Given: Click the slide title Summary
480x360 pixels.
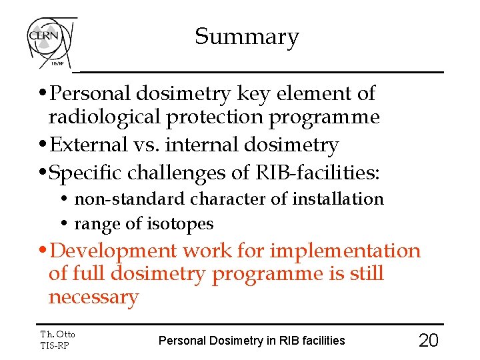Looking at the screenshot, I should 247,37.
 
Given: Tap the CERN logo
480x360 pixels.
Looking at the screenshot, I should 51,41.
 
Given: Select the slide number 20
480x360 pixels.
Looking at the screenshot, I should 428,341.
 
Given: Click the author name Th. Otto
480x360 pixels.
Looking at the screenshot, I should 58,334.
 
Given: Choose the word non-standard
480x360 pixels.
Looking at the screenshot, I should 131,199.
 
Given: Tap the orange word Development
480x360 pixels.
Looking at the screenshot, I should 114,251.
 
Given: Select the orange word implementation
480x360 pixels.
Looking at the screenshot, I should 345,251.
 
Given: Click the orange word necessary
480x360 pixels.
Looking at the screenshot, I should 93,297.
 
